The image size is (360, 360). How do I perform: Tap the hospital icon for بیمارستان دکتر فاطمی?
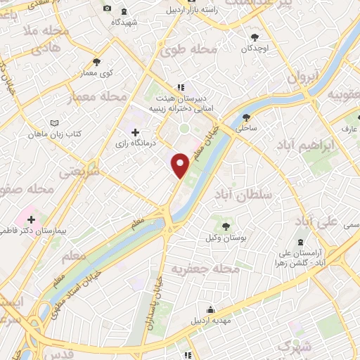pos(31,220)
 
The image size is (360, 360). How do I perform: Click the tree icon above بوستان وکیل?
pos(225,226)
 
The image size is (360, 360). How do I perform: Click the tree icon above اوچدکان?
pos(254,37)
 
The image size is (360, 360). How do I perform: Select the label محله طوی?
pos(187,51)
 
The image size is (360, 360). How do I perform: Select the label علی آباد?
pos(314,222)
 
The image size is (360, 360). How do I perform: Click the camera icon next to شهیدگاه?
pos(107,8)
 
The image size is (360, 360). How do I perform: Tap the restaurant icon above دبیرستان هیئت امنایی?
pos(181,87)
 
